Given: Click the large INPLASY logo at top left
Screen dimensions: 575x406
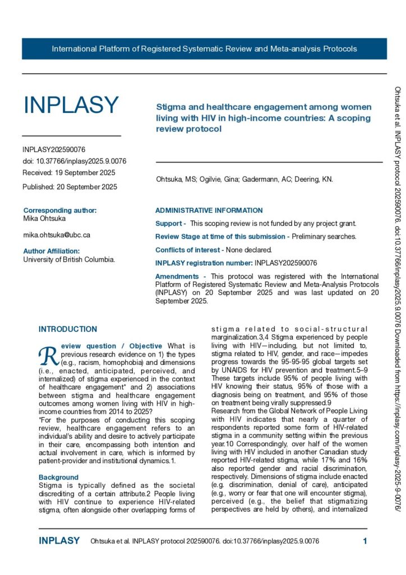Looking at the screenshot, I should [x=71, y=104].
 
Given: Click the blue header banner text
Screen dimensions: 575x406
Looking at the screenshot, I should [x=204, y=49].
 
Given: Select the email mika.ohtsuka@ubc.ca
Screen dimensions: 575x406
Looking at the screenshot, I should [x=57, y=235].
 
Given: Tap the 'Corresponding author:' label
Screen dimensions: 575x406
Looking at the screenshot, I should [x=60, y=211].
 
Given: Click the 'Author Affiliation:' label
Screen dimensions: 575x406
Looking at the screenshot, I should [x=52, y=251].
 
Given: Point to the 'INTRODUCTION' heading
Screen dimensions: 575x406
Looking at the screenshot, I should [x=68, y=329].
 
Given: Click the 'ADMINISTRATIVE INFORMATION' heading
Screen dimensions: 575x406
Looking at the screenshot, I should [x=209, y=211].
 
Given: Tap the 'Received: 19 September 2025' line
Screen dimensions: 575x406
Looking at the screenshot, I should [x=69, y=172].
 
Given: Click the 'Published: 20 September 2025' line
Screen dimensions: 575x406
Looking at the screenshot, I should [x=70, y=186].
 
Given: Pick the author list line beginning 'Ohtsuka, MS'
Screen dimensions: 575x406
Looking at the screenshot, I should [x=244, y=180].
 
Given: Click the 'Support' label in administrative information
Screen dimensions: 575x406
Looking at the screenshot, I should [x=168, y=223].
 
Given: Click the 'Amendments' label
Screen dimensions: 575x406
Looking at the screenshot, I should [x=177, y=276].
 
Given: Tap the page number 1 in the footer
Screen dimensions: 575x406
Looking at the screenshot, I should [x=365, y=541].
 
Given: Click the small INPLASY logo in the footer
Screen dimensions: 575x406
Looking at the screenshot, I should [x=59, y=541].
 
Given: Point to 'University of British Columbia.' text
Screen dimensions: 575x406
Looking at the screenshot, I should [x=69, y=259].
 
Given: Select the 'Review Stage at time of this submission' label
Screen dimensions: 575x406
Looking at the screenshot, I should [x=219, y=236].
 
